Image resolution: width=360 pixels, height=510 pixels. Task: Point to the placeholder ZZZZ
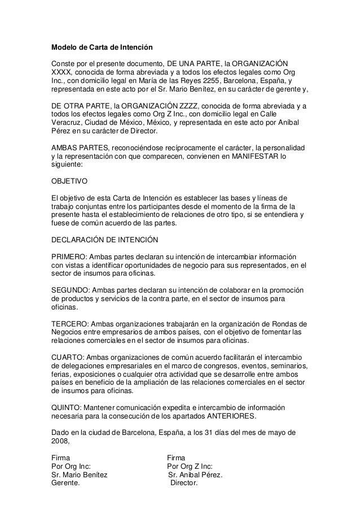193,105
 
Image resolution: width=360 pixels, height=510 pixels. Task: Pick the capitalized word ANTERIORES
230,417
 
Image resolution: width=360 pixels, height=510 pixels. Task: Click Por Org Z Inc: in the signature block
191,467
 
